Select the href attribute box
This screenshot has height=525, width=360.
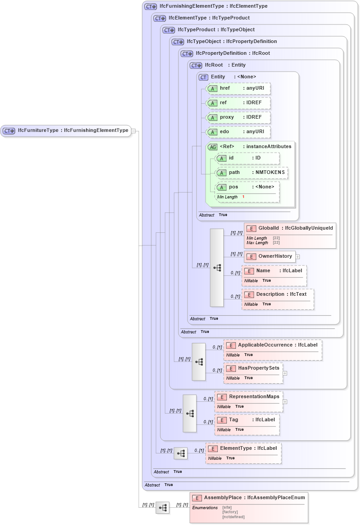pos(238,88)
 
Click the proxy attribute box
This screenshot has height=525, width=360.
pos(238,117)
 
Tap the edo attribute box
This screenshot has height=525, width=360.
pos(238,132)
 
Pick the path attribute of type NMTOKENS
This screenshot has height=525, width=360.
pos(252,173)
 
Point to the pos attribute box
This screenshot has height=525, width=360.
pos(247,187)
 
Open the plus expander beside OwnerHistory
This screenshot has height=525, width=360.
pos(298,257)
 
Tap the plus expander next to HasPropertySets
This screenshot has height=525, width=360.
pos(285,373)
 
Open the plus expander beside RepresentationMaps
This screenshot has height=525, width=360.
pos(285,401)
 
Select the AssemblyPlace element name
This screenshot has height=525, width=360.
pos(223,497)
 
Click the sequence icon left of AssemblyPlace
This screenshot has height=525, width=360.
pos(163,508)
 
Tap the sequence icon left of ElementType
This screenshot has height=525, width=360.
pos(181,453)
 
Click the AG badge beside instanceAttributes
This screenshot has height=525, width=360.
pos(212,147)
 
